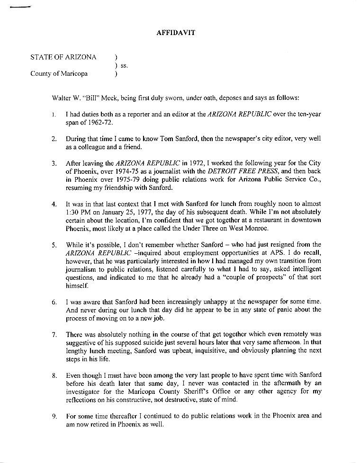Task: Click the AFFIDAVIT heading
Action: point(176,33)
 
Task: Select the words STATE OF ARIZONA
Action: point(63,57)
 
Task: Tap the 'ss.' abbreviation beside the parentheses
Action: point(125,65)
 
